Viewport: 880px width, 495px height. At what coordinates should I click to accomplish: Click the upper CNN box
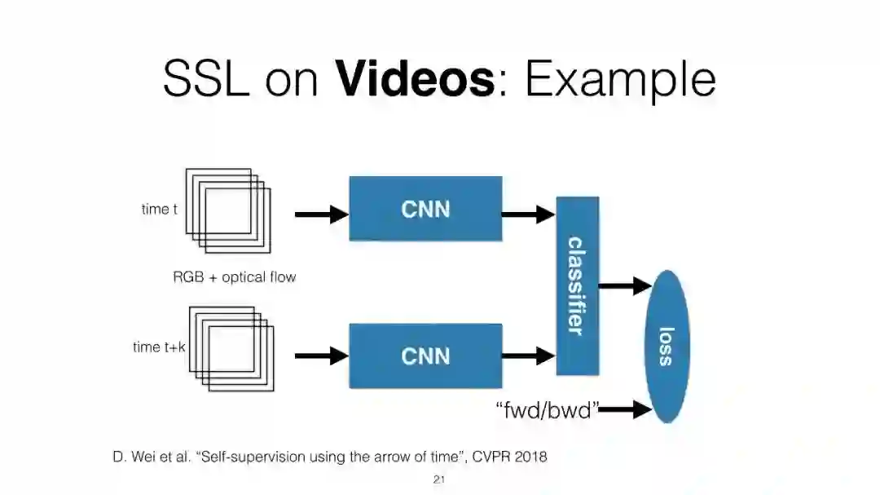[425, 209]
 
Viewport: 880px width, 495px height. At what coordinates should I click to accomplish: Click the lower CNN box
[425, 356]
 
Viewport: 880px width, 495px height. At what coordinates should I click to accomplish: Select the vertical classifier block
[577, 285]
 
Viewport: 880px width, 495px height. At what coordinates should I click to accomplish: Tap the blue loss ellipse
[667, 346]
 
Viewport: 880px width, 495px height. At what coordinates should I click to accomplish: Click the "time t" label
[159, 210]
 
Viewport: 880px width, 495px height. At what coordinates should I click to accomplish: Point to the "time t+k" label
[159, 347]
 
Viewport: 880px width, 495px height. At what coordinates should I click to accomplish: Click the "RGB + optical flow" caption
[234, 277]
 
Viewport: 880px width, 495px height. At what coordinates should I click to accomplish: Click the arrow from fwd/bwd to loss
[626, 409]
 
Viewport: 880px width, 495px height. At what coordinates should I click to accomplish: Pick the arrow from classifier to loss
[625, 285]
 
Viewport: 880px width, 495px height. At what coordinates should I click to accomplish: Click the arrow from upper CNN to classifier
[528, 214]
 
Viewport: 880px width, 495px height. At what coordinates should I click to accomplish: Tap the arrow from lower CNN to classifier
[528, 356]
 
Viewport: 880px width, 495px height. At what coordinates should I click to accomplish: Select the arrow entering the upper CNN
[321, 214]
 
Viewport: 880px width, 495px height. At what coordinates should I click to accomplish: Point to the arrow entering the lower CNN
[321, 356]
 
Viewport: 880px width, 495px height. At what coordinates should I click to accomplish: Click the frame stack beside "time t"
[228, 210]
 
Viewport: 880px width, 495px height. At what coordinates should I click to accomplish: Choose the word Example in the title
[620, 81]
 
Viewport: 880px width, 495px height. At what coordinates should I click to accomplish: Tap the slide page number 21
[438, 480]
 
